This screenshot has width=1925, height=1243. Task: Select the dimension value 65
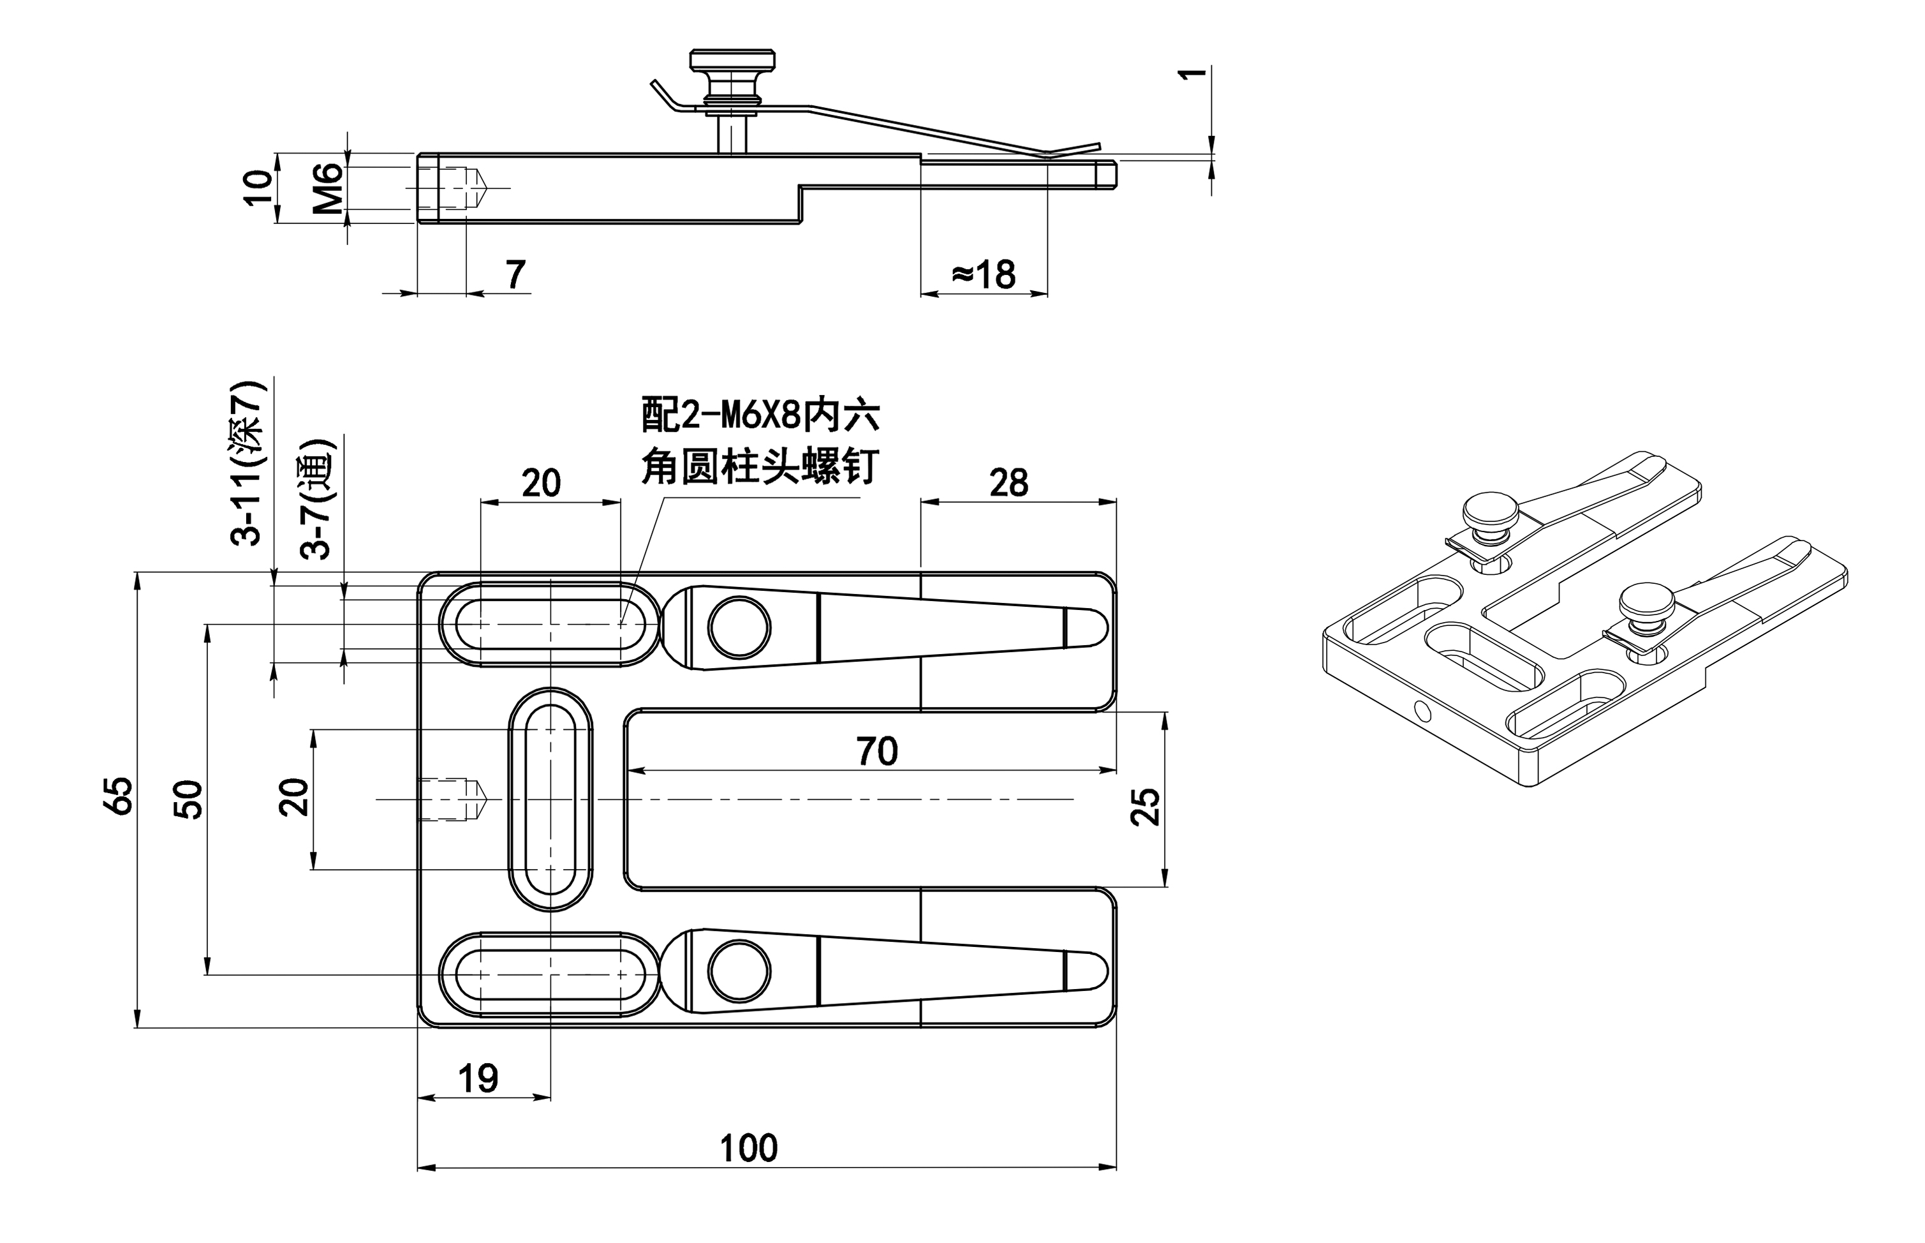click(121, 796)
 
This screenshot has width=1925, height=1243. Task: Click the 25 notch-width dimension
click(1146, 805)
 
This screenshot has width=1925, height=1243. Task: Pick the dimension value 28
click(1008, 482)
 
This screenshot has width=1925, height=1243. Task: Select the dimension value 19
click(478, 1078)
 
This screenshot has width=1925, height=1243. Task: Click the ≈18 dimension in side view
click(984, 274)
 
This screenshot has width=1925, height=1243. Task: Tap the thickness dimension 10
click(258, 188)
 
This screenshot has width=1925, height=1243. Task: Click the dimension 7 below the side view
click(515, 274)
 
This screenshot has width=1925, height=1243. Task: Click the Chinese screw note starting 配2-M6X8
click(759, 442)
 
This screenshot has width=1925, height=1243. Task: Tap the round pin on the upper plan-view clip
click(739, 627)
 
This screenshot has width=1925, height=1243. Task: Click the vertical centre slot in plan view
click(550, 798)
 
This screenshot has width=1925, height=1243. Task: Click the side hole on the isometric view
click(1422, 711)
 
